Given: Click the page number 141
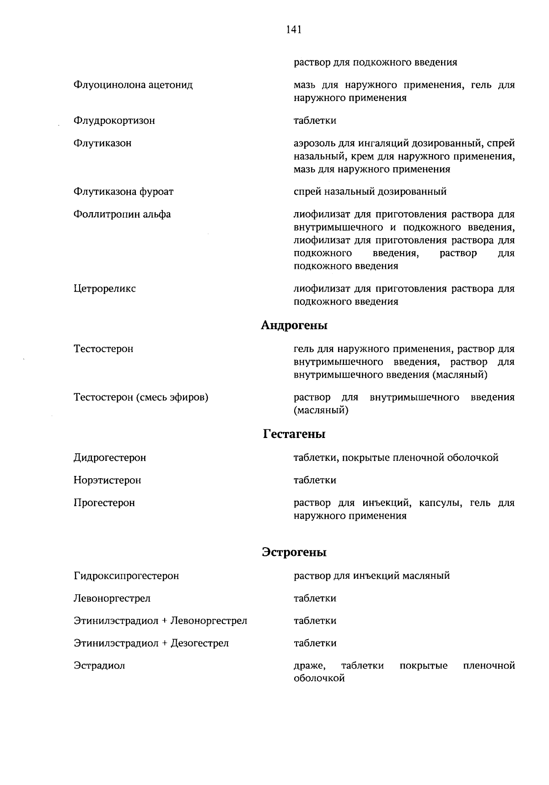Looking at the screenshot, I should [293, 30].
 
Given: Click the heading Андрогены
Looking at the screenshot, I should [294, 326].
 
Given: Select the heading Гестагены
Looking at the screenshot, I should [294, 434].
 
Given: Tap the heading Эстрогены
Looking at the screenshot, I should [294, 552].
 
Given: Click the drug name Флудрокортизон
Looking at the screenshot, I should [114, 121].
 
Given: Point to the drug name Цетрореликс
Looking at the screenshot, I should [104, 289].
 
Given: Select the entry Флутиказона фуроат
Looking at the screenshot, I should [124, 192].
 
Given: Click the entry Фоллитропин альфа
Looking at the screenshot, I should [122, 214].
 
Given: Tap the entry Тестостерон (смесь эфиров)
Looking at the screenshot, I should [141, 397].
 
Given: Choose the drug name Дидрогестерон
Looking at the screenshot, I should [110, 458].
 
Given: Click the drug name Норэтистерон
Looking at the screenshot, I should [107, 480].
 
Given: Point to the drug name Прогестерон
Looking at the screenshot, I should [104, 503].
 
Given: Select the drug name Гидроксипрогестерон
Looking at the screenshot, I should [126, 576].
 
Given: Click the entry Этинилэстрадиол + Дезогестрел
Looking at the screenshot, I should [151, 643].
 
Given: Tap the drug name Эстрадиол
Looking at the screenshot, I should [99, 666].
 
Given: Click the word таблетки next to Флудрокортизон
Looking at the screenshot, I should [315, 121].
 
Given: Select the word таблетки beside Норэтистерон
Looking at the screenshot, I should [315, 480].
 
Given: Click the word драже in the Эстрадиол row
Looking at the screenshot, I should [309, 666].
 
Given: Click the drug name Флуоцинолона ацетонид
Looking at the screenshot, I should [133, 85].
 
